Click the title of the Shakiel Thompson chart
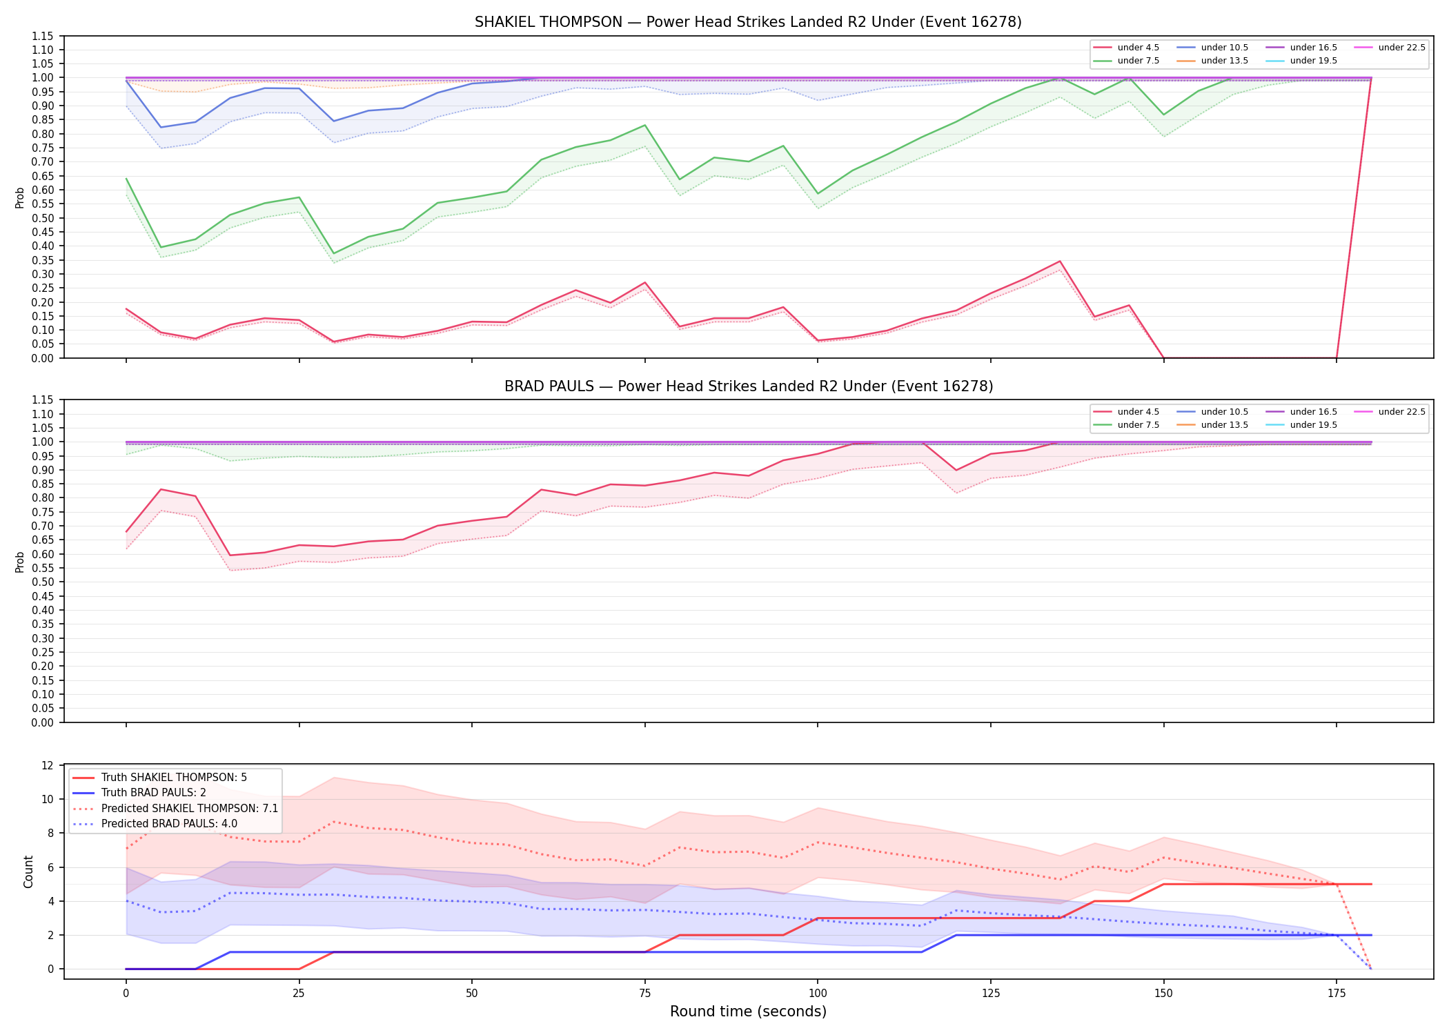[748, 22]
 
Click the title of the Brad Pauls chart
[749, 386]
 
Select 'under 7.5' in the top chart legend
[1138, 61]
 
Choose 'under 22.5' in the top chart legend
[1402, 48]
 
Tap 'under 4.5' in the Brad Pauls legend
[1138, 412]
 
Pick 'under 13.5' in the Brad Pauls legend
[1225, 425]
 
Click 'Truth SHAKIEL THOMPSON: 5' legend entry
[174, 778]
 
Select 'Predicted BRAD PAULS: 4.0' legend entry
[169, 824]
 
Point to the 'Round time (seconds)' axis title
[748, 1012]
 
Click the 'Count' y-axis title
[28, 871]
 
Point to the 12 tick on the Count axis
[48, 765]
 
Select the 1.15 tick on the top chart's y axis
[43, 36]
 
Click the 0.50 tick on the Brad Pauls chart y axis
[43, 582]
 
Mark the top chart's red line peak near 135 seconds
[1059, 262]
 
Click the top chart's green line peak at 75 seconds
[644, 126]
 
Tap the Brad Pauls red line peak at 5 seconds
[161, 489]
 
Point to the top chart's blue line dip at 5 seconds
[161, 127]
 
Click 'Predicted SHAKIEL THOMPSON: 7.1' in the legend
[190, 809]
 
